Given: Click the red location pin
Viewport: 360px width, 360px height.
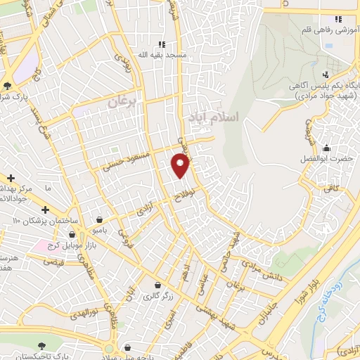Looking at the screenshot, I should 180,166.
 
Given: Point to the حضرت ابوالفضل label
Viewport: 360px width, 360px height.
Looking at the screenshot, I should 327,160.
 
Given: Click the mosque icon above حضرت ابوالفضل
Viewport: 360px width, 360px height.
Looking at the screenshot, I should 326,148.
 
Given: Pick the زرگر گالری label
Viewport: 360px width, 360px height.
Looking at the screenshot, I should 158,296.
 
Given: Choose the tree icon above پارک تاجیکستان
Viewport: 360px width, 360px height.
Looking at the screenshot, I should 41,345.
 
